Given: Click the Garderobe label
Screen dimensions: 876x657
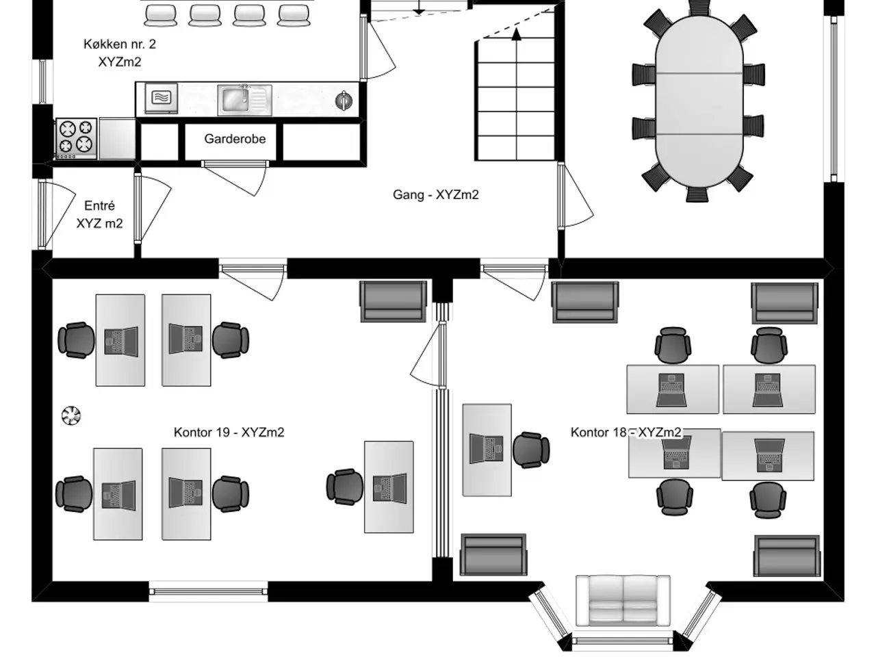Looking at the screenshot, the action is (235, 139).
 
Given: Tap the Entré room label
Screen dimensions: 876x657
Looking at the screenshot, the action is (99, 214).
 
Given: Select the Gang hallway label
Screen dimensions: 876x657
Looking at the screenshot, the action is (435, 194).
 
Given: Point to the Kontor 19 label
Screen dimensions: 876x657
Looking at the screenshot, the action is (229, 432).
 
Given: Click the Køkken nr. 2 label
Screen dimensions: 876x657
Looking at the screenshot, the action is (120, 53).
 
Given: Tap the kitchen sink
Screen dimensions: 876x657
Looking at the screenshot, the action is (244, 100).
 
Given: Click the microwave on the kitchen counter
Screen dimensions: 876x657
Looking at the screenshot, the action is (162, 98).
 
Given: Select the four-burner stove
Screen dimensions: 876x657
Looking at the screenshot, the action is (76, 138).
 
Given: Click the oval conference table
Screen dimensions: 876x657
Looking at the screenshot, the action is (699, 101).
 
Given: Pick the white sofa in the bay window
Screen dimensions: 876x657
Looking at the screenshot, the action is (623, 600).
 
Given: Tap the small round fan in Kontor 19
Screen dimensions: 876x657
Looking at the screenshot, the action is (71, 415).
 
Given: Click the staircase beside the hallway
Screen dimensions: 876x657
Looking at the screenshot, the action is (515, 101).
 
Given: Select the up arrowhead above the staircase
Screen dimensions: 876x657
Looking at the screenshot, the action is (517, 35).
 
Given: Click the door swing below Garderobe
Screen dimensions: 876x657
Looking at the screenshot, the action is (235, 178).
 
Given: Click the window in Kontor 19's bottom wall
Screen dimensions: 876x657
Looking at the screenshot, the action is (208, 591).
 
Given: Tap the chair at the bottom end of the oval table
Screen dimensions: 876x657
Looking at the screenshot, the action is (697, 194).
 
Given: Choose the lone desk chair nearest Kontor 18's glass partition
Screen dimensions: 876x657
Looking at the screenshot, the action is (531, 450).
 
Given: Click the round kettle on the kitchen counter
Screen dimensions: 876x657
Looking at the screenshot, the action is (344, 101).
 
